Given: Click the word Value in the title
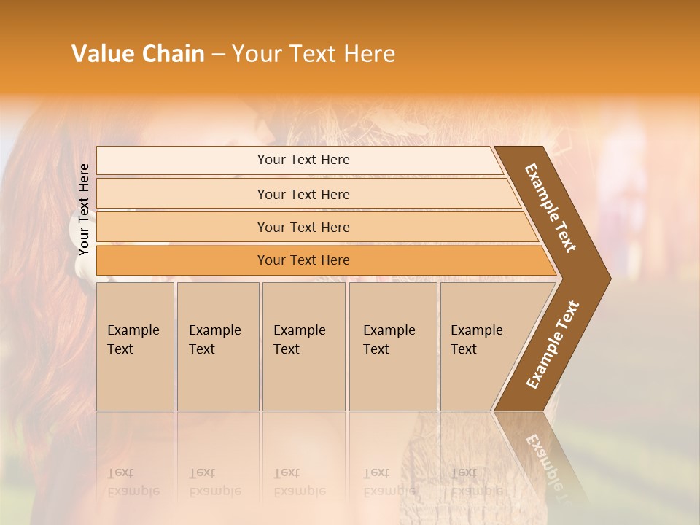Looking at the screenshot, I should pyautogui.click(x=102, y=54).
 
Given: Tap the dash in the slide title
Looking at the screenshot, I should pyautogui.click(x=218, y=55).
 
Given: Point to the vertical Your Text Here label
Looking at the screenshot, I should pyautogui.click(x=84, y=209).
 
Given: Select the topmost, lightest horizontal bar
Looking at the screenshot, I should pyautogui.click(x=303, y=160).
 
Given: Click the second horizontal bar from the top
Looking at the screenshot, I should pyautogui.click(x=303, y=194).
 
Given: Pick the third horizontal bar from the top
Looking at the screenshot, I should pyautogui.click(x=303, y=227).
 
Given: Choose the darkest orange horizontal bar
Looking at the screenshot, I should pyautogui.click(x=303, y=260).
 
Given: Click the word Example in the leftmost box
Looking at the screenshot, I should pyautogui.click(x=133, y=330).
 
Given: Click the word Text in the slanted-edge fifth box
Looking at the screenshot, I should pyautogui.click(x=463, y=349).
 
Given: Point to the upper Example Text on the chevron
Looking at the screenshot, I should pyautogui.click(x=551, y=208).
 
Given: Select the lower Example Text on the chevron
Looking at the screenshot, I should pyautogui.click(x=553, y=344).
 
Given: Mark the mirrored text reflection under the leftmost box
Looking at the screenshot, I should pyautogui.click(x=133, y=482).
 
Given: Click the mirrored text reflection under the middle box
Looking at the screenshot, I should pyautogui.click(x=299, y=482).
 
